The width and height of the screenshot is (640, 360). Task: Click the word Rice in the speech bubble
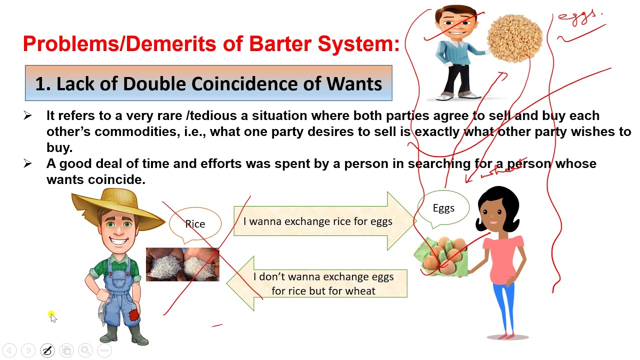tap(195, 224)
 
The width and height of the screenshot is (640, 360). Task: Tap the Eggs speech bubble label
tap(443, 208)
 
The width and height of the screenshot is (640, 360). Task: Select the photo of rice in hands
tap(182, 264)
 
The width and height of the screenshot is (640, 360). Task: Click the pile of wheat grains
tap(514, 38)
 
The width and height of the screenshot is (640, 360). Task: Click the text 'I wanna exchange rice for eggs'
tap(317, 221)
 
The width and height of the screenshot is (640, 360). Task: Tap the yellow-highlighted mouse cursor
tap(52, 315)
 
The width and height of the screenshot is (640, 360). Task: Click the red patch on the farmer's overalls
tap(133, 315)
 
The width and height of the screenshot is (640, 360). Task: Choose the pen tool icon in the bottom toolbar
tap(47, 350)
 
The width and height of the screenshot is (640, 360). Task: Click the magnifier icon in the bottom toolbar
tap(85, 350)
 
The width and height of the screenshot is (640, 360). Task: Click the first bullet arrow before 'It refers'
tap(27, 116)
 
